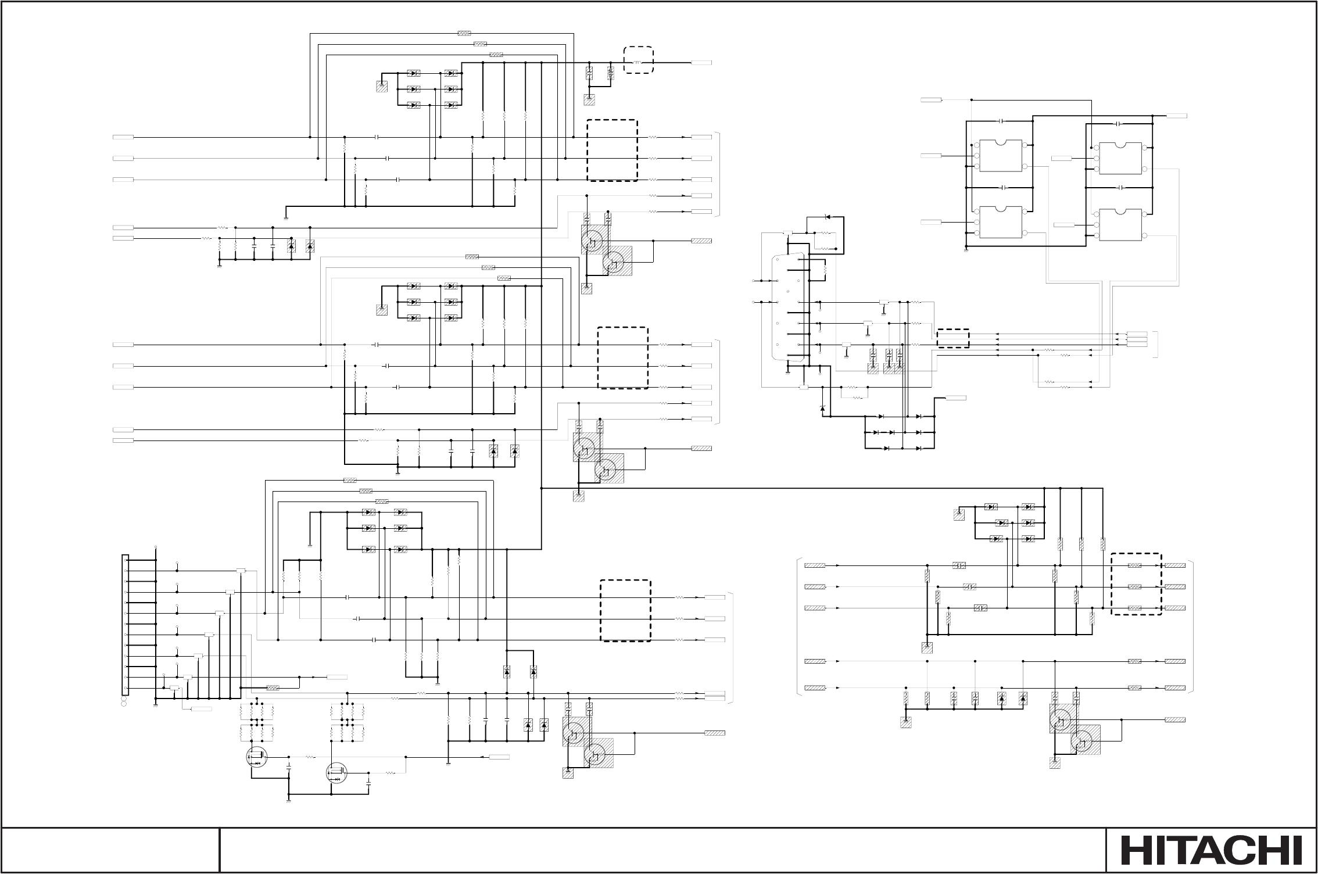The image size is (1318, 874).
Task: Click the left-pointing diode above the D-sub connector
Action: (x=827, y=217)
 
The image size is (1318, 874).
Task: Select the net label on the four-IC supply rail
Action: (x=932, y=100)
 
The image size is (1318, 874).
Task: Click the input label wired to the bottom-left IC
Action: (x=932, y=223)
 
